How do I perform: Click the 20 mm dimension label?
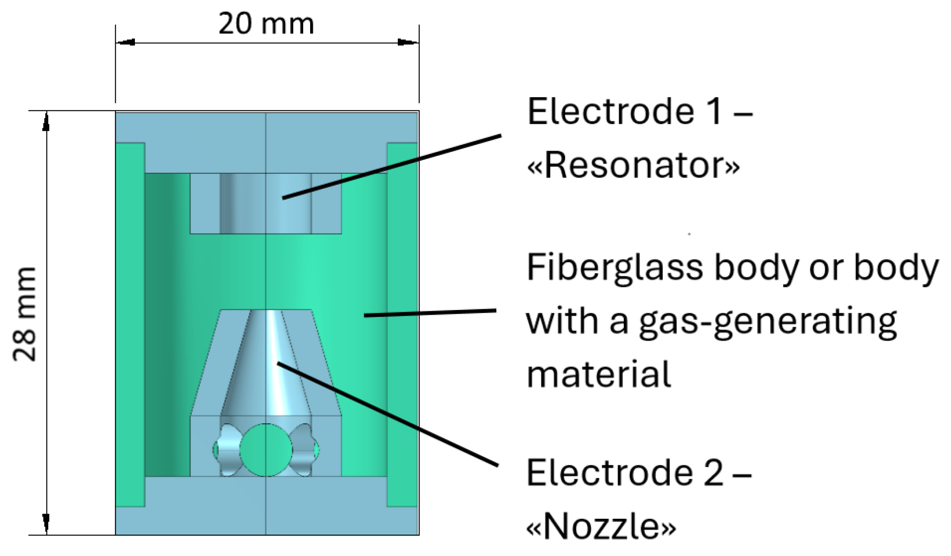pos(266,24)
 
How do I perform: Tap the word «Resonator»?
pos(633,166)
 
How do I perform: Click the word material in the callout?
pos(598,375)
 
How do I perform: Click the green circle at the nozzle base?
pos(266,450)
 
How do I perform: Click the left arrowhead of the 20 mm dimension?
pos(126,42)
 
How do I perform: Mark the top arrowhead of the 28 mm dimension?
pos(46,122)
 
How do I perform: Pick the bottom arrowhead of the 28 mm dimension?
pos(46,523)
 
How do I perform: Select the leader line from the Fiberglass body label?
pos(429,313)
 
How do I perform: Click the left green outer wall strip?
pos(130,324)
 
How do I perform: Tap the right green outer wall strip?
pos(402,324)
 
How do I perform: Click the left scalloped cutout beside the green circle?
pos(228,450)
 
